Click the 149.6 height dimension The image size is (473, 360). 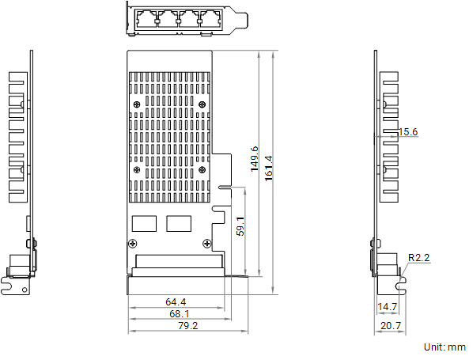click(x=255, y=159)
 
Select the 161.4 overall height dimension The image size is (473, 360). click(x=269, y=169)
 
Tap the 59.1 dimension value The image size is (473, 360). click(x=240, y=226)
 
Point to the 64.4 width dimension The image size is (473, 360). click(x=176, y=301)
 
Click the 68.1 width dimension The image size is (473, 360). click(x=180, y=314)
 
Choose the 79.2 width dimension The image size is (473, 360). click(x=188, y=326)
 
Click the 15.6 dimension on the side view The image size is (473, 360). click(x=408, y=132)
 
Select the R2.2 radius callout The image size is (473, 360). click(x=418, y=258)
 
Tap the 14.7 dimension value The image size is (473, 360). click(x=388, y=307)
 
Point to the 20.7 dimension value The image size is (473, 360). click(x=391, y=326)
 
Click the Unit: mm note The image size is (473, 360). click(x=445, y=347)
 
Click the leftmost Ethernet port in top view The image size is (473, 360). click(x=146, y=19)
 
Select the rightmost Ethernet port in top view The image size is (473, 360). click(x=211, y=19)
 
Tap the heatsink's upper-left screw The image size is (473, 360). click(x=137, y=104)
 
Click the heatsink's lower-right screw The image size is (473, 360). click(x=202, y=170)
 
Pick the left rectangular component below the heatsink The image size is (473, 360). click(x=144, y=224)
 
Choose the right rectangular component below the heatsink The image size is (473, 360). click(x=179, y=224)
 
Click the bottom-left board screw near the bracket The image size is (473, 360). click(x=133, y=244)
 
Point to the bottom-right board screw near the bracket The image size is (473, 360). click(x=207, y=243)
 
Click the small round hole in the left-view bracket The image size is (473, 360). click(x=25, y=290)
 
